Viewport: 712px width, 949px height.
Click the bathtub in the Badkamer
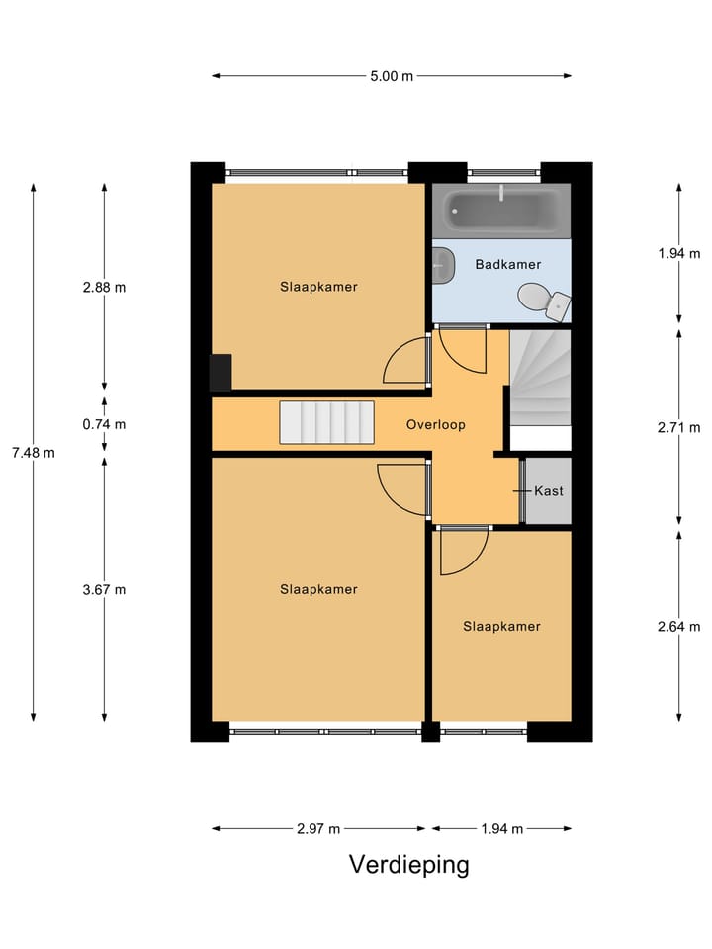(501, 211)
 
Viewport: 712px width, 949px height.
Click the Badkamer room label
(507, 264)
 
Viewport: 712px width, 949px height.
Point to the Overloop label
(435, 424)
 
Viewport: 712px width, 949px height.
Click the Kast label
(549, 491)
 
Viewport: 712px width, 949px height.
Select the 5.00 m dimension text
(392, 76)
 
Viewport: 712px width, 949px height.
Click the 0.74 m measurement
(105, 424)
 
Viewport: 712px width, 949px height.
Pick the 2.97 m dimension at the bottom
(318, 829)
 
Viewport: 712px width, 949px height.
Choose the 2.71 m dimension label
(679, 427)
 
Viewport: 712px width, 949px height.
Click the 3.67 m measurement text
(105, 589)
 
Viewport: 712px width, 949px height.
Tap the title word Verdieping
(408, 865)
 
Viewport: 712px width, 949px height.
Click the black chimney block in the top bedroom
(220, 372)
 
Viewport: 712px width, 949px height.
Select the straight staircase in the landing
(326, 422)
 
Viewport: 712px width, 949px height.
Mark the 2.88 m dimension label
(105, 288)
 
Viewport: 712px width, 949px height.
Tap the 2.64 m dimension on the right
(679, 626)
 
